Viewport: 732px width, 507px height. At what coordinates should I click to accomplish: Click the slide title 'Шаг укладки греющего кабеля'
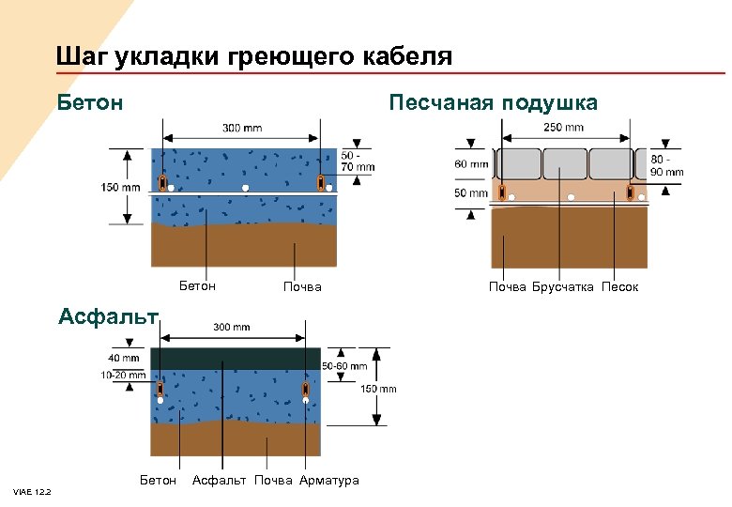253,56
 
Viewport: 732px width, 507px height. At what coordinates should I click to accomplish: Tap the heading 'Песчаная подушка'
493,101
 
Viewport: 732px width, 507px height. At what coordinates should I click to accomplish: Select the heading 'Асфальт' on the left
107,314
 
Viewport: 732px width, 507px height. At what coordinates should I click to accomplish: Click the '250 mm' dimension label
563,128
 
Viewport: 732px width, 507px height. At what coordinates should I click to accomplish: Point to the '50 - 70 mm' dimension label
358,161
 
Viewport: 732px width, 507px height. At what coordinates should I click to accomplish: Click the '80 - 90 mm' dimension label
666,166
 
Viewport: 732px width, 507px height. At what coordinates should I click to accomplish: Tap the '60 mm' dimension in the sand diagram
471,164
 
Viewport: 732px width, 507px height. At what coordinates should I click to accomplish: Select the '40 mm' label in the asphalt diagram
124,358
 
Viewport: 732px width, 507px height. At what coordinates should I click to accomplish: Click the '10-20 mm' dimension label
123,375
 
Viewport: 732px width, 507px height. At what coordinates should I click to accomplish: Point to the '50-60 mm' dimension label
344,365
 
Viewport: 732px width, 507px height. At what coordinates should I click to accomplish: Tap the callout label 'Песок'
620,286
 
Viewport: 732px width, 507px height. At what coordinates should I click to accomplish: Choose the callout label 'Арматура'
329,481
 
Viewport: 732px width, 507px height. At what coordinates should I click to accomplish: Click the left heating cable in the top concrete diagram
162,180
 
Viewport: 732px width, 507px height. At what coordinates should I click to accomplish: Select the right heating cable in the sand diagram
630,193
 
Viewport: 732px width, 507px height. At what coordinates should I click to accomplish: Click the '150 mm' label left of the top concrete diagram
120,187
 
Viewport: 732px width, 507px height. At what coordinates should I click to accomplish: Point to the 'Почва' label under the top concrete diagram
302,286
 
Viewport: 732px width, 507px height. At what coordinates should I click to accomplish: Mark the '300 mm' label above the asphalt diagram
232,328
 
